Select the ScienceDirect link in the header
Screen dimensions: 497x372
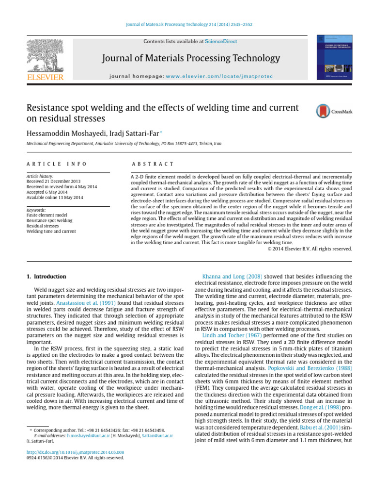coord(221,42)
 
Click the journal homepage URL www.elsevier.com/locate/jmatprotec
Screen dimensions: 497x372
coord(219,77)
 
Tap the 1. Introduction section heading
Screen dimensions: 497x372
coord(46,277)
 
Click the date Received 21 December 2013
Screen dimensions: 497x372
coord(53,182)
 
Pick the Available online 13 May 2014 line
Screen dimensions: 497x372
coord(55,198)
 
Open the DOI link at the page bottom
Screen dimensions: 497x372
coord(75,451)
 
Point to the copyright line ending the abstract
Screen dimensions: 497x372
coord(310,249)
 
